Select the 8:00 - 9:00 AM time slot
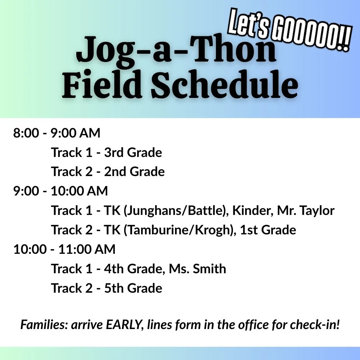(x=57, y=133)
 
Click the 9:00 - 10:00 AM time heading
(x=60, y=191)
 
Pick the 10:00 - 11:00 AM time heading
(x=64, y=249)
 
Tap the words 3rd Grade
(x=133, y=153)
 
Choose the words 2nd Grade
(x=134, y=172)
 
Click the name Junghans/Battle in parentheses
(x=172, y=210)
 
